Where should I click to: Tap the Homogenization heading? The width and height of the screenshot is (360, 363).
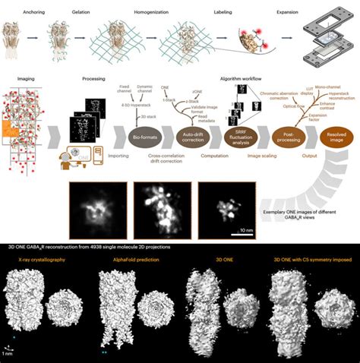138,11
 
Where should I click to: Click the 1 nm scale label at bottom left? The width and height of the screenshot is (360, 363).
8,354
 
